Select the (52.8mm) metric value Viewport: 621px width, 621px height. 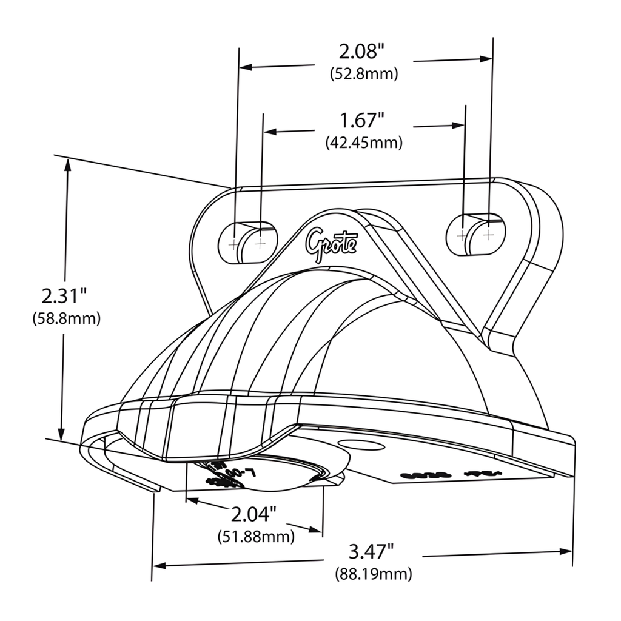[x=364, y=74]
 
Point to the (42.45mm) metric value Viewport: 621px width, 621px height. [x=364, y=143]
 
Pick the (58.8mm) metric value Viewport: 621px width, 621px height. [x=66, y=319]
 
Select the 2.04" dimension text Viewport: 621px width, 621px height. [x=254, y=514]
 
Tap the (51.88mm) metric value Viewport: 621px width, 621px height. [x=255, y=537]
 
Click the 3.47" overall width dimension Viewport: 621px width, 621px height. [x=371, y=551]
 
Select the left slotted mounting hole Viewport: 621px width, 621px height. [x=247, y=242]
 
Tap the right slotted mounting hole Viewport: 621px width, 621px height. [x=475, y=234]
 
